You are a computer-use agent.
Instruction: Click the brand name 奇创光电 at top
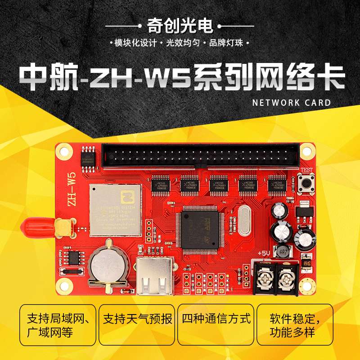pos(180,26)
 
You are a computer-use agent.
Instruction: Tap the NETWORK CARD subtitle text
pos(292,103)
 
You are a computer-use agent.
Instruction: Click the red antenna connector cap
pos(38,226)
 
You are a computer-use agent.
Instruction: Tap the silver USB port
pos(154,276)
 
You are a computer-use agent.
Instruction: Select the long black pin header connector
pos(200,155)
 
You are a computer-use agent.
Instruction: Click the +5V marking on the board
pos(264,254)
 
